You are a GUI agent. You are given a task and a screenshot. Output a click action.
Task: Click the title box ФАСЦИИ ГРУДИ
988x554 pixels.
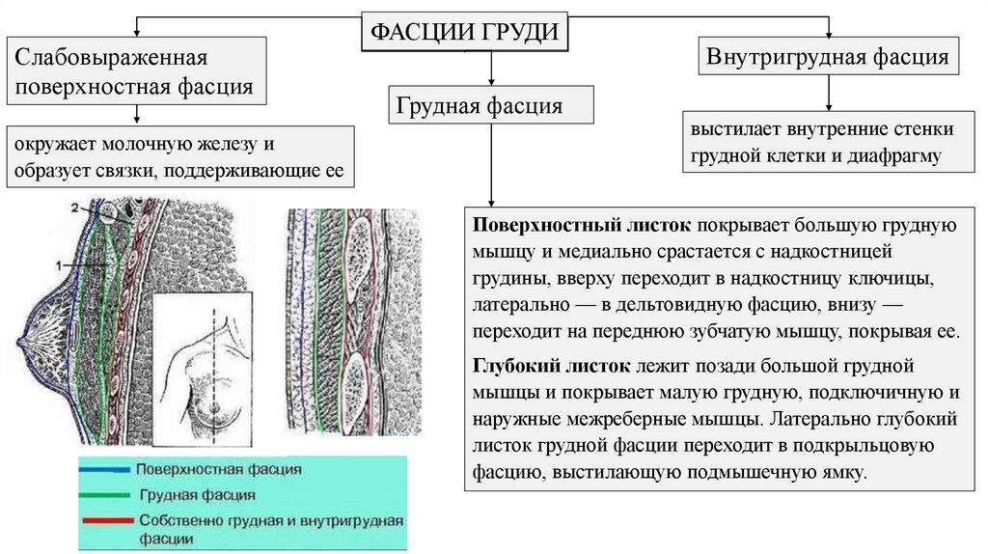click(464, 32)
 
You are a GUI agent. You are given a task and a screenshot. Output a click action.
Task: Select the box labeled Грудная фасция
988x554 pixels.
click(491, 105)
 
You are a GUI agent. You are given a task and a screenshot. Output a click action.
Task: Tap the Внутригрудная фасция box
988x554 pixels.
click(829, 56)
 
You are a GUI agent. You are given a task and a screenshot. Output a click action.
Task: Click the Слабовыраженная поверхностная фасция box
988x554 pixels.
click(135, 72)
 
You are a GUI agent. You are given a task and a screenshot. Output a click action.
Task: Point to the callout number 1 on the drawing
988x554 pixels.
click(60, 262)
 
